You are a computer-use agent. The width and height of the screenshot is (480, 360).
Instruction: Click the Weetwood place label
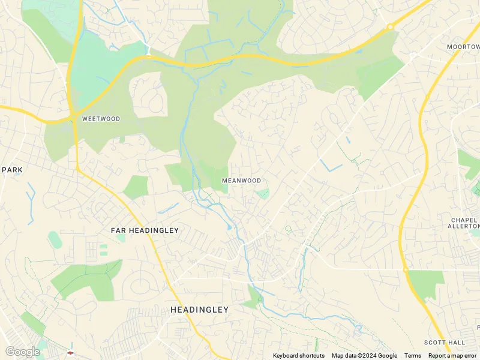point(101,119)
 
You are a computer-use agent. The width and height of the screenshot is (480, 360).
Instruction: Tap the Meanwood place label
point(241,180)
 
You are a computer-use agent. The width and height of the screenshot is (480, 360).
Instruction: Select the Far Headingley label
point(145,230)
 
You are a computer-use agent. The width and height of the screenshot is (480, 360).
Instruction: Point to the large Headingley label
point(199,310)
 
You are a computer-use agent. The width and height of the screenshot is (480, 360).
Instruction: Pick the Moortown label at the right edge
point(463,46)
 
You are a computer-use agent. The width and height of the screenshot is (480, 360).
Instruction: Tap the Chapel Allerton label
point(465,223)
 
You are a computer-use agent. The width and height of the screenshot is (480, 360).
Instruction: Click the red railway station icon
point(70,352)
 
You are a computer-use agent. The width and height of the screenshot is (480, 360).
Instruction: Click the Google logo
point(22,352)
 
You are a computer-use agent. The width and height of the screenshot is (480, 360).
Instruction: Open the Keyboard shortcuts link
point(298,356)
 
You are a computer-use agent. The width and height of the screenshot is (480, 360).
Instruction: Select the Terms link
point(412,356)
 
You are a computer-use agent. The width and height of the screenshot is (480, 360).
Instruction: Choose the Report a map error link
point(452,356)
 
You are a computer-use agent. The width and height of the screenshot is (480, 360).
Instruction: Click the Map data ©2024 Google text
point(364,356)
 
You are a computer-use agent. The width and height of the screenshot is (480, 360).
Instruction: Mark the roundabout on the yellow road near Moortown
point(390,26)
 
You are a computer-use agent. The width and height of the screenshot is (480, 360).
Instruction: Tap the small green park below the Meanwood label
point(262,193)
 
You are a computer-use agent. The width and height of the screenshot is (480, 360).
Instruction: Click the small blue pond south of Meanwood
point(230,227)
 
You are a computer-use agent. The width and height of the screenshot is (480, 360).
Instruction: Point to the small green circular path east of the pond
point(288,229)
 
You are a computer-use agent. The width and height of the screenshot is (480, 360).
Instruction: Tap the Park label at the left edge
point(12,170)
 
